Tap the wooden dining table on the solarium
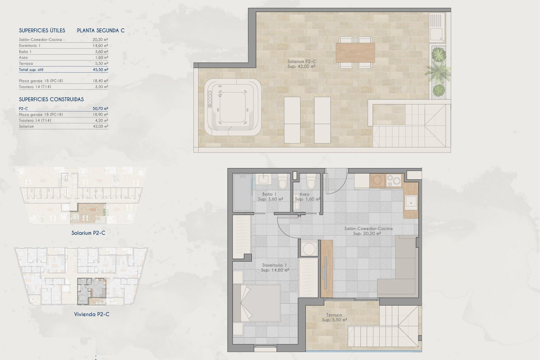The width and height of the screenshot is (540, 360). (x=355, y=53)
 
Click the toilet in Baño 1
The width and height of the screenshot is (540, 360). (x=282, y=182)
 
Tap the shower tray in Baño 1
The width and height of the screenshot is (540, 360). (x=242, y=193)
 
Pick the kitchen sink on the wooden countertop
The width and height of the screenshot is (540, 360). (x=411, y=202)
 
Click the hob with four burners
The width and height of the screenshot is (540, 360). (x=393, y=181)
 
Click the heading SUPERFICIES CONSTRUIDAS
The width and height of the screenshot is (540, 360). (x=51, y=99)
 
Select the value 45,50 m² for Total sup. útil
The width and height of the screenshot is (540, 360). (x=100, y=69)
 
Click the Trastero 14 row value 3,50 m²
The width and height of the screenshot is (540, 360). (x=101, y=87)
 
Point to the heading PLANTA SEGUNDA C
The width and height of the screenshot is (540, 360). (x=101, y=30)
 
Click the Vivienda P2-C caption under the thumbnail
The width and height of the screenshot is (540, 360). (x=92, y=314)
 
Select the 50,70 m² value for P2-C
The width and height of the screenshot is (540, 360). (x=100, y=109)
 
